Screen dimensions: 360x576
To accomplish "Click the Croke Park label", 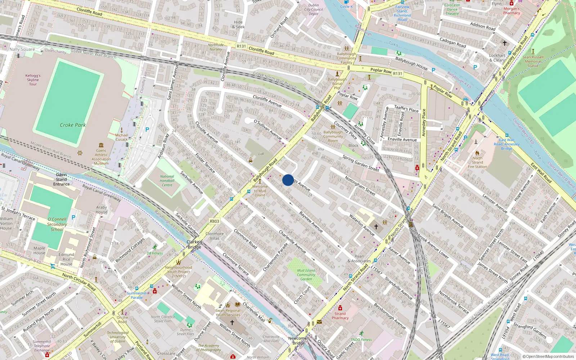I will coord(73,125).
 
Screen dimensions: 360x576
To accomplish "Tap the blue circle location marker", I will coord(288,180).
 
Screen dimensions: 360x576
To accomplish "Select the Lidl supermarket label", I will coord(261,154).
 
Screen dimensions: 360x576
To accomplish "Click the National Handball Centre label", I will coord(167,181).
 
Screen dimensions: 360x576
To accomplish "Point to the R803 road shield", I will coord(214,221).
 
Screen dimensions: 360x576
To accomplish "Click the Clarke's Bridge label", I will coord(194,244).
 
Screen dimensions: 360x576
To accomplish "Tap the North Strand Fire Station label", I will coord(477,162).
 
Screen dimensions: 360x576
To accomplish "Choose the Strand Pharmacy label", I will coord(340,316).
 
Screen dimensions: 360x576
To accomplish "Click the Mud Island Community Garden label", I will coord(306,274).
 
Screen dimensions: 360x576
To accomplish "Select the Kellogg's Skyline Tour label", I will coord(33,80).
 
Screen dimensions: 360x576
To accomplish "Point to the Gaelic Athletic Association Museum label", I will coord(101,157).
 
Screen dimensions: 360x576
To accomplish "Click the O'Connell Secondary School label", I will coord(57,224).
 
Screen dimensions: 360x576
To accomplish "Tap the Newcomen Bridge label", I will coord(299,341).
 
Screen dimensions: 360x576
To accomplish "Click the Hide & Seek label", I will coord(238,24).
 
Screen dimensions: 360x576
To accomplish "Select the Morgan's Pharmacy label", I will coord(512,11).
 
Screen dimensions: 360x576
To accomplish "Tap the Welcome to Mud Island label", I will coord(260,191).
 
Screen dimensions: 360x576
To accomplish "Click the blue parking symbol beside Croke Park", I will coord(147,130).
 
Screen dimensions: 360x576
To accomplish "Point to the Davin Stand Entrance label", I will coord(62,179).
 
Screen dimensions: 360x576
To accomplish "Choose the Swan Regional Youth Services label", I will coord(228,312).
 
